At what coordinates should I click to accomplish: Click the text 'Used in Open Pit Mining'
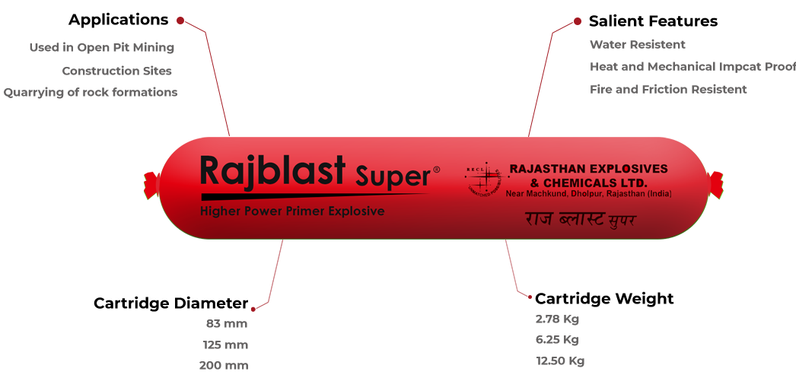pyautogui.click(x=102, y=48)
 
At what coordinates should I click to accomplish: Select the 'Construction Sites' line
pyautogui.click(x=116, y=71)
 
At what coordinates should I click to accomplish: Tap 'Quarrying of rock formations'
pyautogui.click(x=91, y=93)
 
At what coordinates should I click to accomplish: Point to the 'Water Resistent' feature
pyautogui.click(x=638, y=45)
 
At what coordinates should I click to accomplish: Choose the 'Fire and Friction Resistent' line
pyautogui.click(x=668, y=90)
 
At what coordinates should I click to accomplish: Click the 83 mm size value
pyautogui.click(x=227, y=324)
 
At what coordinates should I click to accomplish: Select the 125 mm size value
pyautogui.click(x=225, y=345)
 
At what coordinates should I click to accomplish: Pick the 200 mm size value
pyautogui.click(x=224, y=366)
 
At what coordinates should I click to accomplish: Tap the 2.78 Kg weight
pyautogui.click(x=557, y=319)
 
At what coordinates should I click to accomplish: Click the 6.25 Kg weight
pyautogui.click(x=557, y=340)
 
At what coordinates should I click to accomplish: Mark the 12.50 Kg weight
pyautogui.click(x=559, y=361)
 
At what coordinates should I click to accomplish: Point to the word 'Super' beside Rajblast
pyautogui.click(x=393, y=176)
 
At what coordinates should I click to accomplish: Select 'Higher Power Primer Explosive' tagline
pyautogui.click(x=292, y=211)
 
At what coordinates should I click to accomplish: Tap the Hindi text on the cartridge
pyautogui.click(x=579, y=221)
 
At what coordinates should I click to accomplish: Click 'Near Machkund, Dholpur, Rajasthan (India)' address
pyautogui.click(x=588, y=195)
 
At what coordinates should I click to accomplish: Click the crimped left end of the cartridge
pyautogui.click(x=151, y=185)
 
